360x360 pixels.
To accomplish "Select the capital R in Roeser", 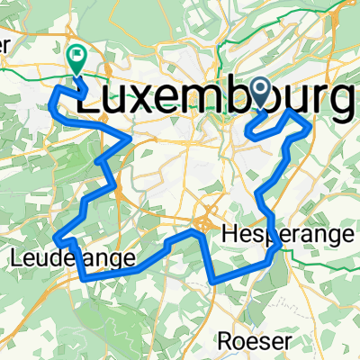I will point(229,341).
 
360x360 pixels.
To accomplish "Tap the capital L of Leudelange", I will point(16,260).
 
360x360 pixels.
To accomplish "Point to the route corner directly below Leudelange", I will point(85,278).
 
